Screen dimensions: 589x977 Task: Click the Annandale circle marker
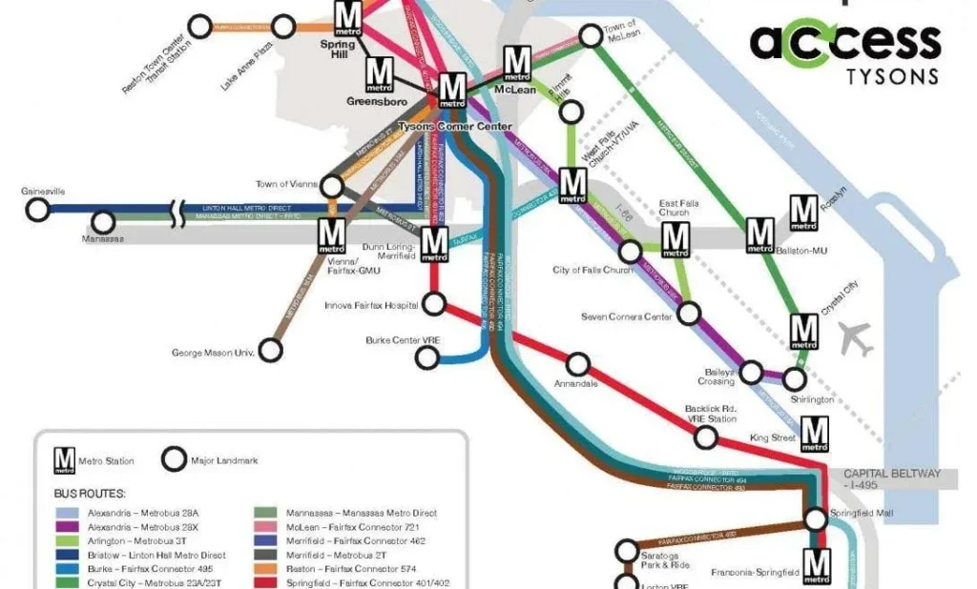(577, 364)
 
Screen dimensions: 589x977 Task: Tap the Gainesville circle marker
(37, 211)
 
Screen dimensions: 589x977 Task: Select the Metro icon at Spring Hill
(349, 17)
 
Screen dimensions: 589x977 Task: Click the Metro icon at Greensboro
(380, 72)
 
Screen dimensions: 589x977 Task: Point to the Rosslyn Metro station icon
(804, 210)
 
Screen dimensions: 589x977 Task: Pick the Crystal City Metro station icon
(804, 331)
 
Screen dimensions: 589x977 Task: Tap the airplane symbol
(856, 339)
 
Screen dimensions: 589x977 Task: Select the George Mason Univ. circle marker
(271, 351)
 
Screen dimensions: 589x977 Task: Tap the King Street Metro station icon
(814, 433)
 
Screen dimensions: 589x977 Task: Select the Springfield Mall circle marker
(815, 518)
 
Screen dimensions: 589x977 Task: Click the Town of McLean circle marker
(591, 35)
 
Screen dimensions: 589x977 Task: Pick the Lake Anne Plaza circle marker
(283, 26)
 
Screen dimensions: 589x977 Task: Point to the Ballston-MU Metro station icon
(760, 234)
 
